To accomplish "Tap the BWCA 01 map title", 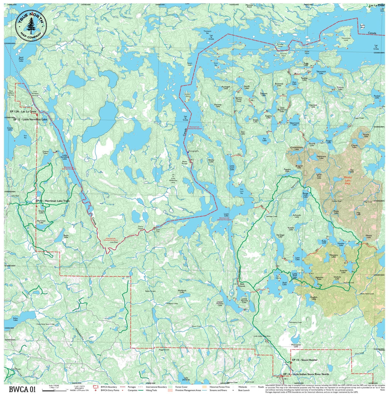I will tap(22, 390).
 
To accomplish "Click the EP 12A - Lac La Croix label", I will tap(23, 111).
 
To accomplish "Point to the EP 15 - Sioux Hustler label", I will tap(305, 361).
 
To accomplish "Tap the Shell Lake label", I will tap(285, 283).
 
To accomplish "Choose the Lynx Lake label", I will tap(297, 259).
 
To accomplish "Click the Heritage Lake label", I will tap(280, 235).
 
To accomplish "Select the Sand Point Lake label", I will tap(21, 59).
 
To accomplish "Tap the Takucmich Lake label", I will tap(321, 72).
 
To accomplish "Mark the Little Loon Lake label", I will tap(232, 167).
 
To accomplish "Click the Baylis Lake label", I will tap(66, 236).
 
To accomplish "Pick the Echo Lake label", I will tap(15, 319).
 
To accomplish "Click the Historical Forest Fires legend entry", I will tap(216, 386).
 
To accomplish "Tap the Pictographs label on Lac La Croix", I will tap(194, 151).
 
